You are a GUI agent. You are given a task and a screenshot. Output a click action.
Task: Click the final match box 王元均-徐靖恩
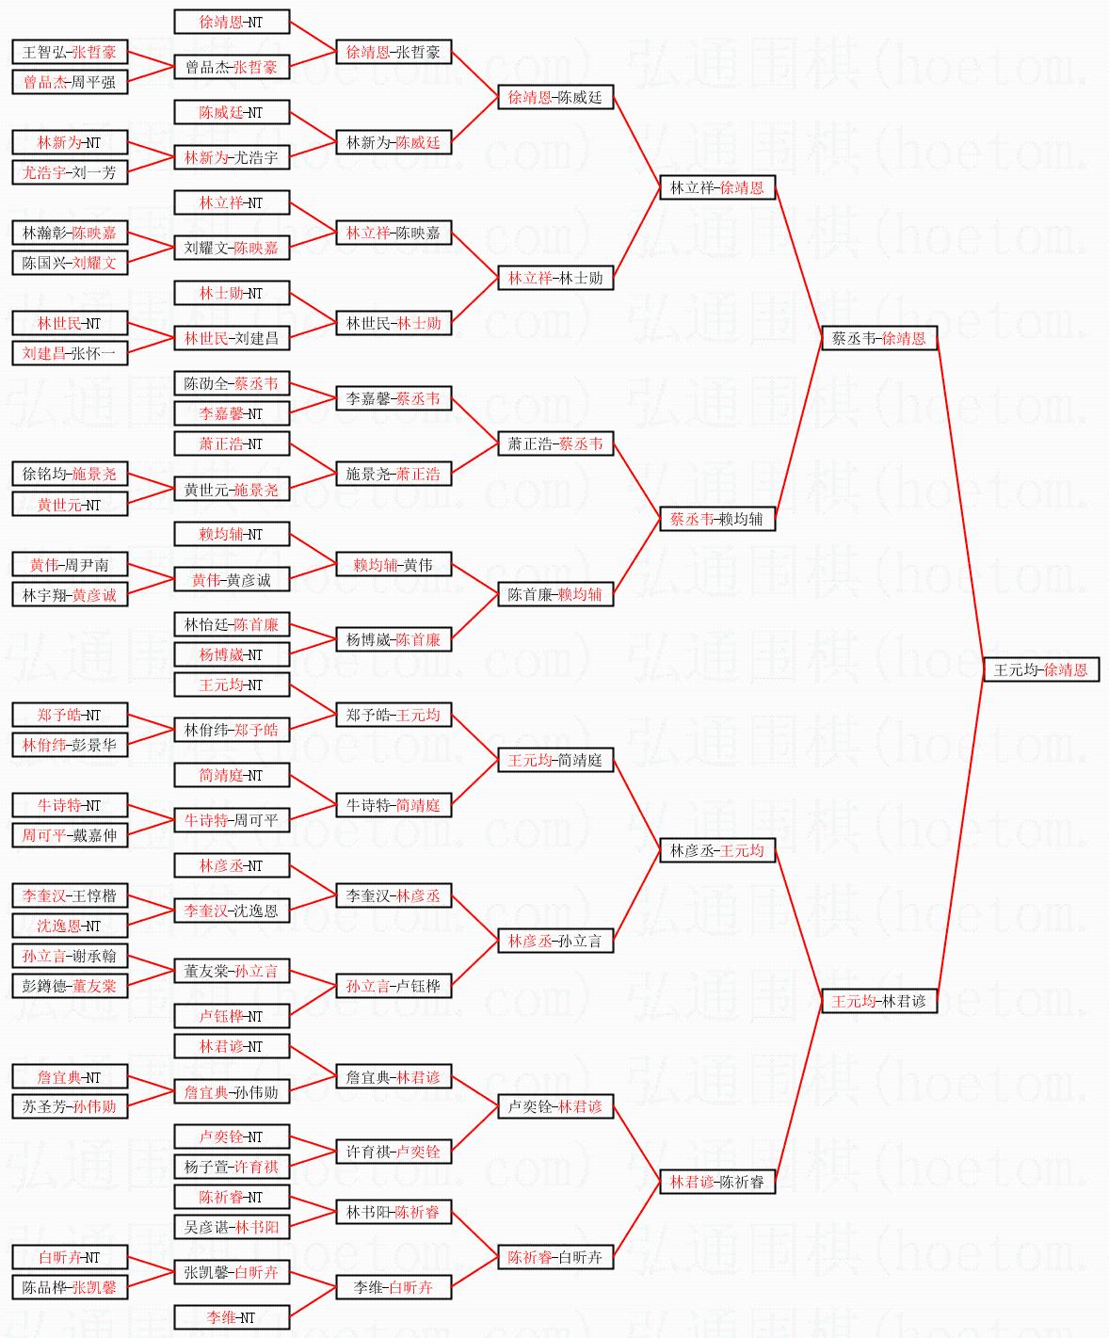[1040, 669]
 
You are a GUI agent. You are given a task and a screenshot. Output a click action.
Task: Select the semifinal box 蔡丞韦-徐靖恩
[878, 338]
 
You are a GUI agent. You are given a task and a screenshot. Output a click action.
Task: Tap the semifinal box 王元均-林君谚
[878, 1001]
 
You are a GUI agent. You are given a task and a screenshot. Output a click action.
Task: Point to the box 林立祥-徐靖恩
[716, 187]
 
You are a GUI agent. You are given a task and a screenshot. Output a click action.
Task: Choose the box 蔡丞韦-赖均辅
[716, 519]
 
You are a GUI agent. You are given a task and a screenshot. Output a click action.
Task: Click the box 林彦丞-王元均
[716, 850]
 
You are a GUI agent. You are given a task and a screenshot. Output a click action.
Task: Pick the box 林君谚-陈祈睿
[716, 1182]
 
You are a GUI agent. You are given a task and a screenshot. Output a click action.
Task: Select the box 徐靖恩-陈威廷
[554, 97]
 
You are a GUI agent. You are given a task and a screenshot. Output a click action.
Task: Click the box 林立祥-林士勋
[554, 278]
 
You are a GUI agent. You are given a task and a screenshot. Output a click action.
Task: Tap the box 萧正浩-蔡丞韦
[554, 443]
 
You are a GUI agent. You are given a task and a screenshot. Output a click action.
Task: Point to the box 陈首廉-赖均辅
[554, 594]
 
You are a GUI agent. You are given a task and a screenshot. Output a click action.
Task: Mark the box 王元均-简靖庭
[554, 760]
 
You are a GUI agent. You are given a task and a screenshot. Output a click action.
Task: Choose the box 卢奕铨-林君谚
[554, 1106]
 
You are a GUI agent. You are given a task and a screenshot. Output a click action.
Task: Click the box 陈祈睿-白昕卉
[554, 1257]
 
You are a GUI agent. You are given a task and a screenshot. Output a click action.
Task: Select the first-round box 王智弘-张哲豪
[69, 52]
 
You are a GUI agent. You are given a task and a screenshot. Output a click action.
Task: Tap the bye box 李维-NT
[231, 1317]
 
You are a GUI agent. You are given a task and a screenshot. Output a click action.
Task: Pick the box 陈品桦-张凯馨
[69, 1287]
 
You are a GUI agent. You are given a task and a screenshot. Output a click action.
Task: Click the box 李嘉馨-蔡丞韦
[393, 398]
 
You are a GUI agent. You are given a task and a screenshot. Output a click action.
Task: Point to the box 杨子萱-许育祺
[231, 1167]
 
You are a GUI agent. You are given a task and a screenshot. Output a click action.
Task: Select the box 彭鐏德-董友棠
[69, 986]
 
